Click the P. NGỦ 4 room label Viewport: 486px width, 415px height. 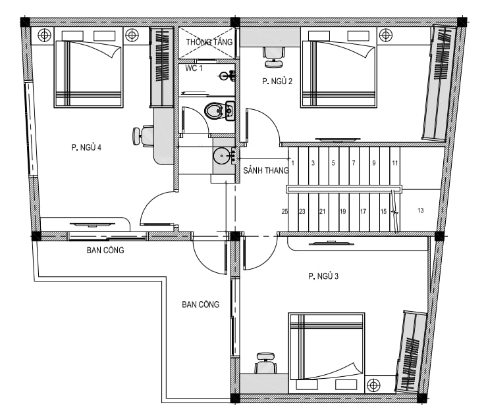(x=86, y=147)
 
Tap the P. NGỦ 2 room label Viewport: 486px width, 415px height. (x=277, y=82)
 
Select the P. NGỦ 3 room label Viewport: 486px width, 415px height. (x=323, y=276)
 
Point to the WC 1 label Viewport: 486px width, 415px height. (x=194, y=68)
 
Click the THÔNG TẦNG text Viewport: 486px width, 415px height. (x=209, y=41)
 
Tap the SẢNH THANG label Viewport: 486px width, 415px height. (x=266, y=170)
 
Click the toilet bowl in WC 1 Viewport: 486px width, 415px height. (x=214, y=110)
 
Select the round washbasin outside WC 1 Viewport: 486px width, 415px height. (x=221, y=157)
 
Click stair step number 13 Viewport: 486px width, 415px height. (x=420, y=210)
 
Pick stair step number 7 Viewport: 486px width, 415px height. (x=354, y=163)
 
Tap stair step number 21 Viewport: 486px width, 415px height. (x=322, y=211)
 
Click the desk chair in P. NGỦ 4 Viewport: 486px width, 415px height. (x=143, y=135)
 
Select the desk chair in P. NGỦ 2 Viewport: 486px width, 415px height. (x=273, y=57)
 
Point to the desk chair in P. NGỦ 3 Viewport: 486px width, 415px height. (x=265, y=363)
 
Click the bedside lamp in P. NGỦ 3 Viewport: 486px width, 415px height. (x=373, y=385)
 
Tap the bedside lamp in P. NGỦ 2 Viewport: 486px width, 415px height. (x=386, y=35)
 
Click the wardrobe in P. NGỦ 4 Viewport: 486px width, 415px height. (x=161, y=67)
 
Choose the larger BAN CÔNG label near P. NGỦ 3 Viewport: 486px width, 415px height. (x=201, y=305)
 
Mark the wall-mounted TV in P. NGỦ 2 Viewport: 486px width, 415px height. (x=338, y=139)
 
